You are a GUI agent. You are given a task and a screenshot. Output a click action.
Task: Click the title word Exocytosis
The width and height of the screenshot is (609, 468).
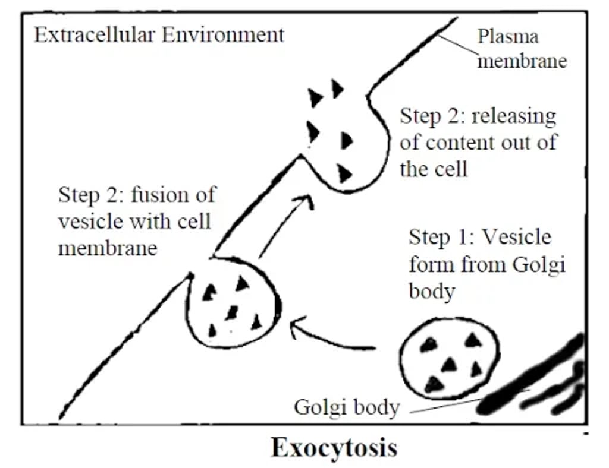click(334, 447)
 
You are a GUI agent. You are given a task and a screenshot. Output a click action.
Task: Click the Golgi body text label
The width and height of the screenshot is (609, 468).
click(346, 408)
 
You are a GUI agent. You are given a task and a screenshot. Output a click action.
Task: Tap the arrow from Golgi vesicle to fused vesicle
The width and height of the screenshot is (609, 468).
click(330, 339)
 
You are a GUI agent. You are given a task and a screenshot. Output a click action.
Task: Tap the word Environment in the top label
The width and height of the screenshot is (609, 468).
click(224, 35)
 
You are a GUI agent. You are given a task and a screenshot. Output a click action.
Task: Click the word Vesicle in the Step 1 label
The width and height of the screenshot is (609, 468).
click(516, 238)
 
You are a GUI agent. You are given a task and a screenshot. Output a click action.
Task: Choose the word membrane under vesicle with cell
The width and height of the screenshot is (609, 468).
click(107, 248)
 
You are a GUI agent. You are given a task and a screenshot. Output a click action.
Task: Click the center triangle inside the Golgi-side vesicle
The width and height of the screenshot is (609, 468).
click(450, 363)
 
